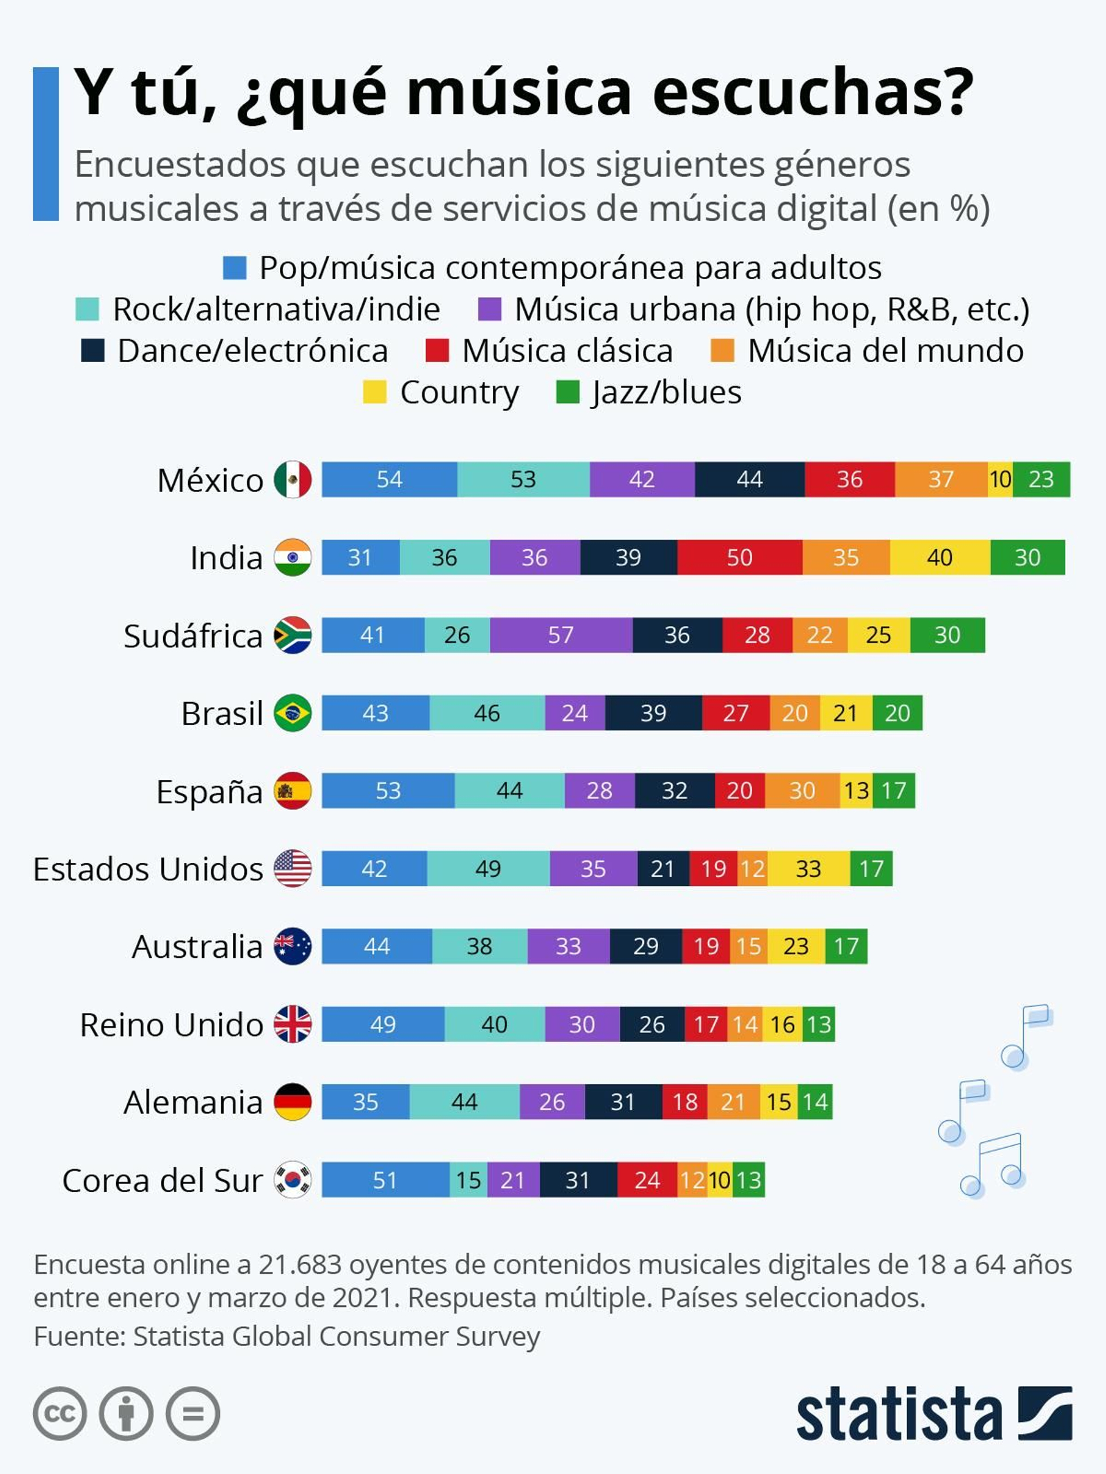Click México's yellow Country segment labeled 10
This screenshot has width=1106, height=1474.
[x=1000, y=479]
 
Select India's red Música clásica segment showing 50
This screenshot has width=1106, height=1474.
[x=740, y=557]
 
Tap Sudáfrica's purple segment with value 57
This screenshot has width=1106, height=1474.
[x=561, y=635]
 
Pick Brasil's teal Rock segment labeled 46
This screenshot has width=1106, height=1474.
[x=487, y=712]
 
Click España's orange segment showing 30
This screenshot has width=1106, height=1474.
[x=802, y=791]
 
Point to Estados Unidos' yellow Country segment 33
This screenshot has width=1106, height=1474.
[x=809, y=869]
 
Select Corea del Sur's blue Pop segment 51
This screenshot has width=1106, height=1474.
[x=385, y=1180]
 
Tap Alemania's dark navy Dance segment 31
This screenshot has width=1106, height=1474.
[x=623, y=1102]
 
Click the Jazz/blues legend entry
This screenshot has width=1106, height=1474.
[x=650, y=393]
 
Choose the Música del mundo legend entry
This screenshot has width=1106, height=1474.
[x=868, y=351]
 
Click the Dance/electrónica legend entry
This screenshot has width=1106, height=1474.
[x=235, y=351]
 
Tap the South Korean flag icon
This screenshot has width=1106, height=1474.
[x=292, y=1180]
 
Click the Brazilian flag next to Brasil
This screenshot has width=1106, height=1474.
[x=292, y=712]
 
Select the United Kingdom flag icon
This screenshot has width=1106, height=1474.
[x=292, y=1024]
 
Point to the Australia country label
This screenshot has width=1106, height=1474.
[x=197, y=947]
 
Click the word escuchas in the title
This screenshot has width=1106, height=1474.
[x=812, y=93]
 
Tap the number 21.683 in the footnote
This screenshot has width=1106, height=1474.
[x=300, y=1265]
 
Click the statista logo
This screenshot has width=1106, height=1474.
[x=933, y=1414]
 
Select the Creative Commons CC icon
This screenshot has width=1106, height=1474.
[x=59, y=1414]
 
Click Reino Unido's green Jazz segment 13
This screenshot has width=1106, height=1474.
[x=819, y=1024]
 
